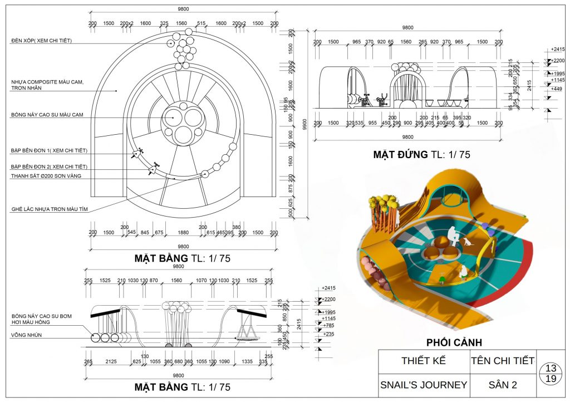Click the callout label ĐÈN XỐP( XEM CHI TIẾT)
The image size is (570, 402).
coord(41,41)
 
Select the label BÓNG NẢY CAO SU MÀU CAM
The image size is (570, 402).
coord(47,115)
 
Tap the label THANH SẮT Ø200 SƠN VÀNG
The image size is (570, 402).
coord(46,176)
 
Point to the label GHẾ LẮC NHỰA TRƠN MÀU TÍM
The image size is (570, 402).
coord(50,209)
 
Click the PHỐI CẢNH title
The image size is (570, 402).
coord(454,342)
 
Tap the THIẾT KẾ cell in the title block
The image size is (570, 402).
coord(424,360)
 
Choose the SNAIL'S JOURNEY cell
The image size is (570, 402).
coord(424,385)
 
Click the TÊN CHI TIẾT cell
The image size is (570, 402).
coord(503,360)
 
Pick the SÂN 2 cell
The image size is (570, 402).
coord(503,385)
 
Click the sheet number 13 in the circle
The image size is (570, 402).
coord(551,369)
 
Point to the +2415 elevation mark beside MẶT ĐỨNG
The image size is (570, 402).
coord(557,50)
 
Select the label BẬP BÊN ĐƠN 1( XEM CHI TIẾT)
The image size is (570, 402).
coord(49,151)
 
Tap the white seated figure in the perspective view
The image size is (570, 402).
coord(454,237)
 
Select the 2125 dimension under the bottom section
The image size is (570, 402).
coord(111,362)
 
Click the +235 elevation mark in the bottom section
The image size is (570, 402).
coord(328,334)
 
